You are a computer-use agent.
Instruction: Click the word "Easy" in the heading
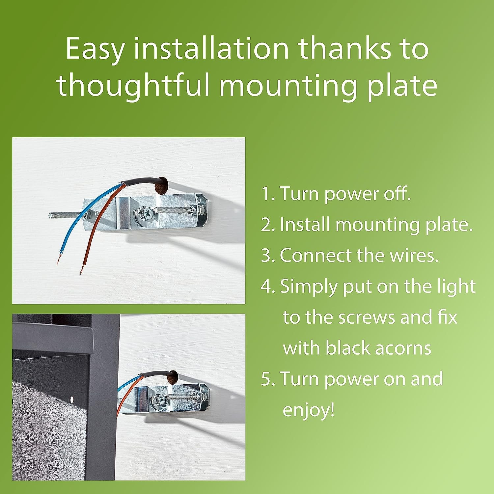click(95, 49)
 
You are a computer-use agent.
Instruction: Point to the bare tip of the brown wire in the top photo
click(81, 269)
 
